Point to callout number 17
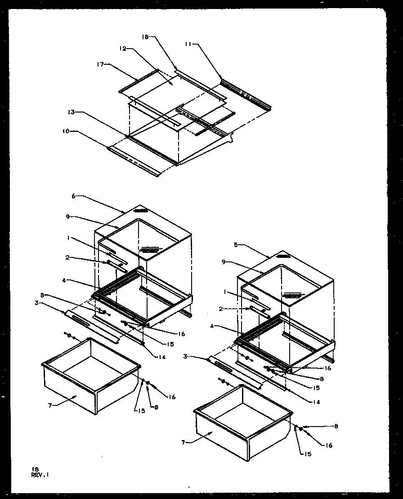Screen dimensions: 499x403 (x=100, y=65)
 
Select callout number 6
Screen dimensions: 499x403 (x=73, y=196)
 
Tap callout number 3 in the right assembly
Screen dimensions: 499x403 (x=185, y=356)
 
